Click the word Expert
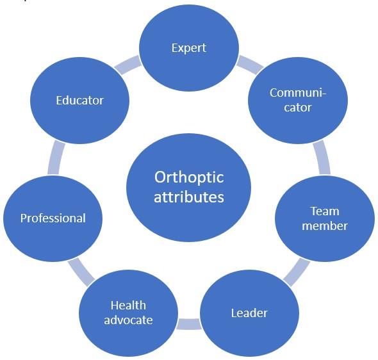pyautogui.click(x=189, y=48)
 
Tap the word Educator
pyautogui.click(x=80, y=100)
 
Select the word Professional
pyautogui.click(x=53, y=218)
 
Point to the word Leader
pyautogui.click(x=249, y=313)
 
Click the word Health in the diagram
pyautogui.click(x=128, y=306)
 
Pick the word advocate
pyautogui.click(x=128, y=320)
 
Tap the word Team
pyautogui.click(x=325, y=211)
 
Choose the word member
pyautogui.click(x=325, y=225)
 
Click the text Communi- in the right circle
pyautogui.click(x=298, y=93)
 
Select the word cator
pyautogui.click(x=298, y=108)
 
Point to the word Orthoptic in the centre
pyautogui.click(x=189, y=177)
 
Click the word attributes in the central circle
pyautogui.click(x=189, y=197)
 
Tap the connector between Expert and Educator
pyautogui.click(x=127, y=65)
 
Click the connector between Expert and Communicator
pyautogui.click(x=250, y=65)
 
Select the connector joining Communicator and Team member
pyautogui.click(x=322, y=158)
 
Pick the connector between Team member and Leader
pyautogui.click(x=296, y=272)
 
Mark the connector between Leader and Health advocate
pyautogui.click(x=189, y=324)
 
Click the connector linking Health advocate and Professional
pyautogui.click(x=81, y=272)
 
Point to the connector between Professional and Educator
pyautogui.click(x=56, y=158)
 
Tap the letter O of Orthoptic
pyautogui.click(x=160, y=177)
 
